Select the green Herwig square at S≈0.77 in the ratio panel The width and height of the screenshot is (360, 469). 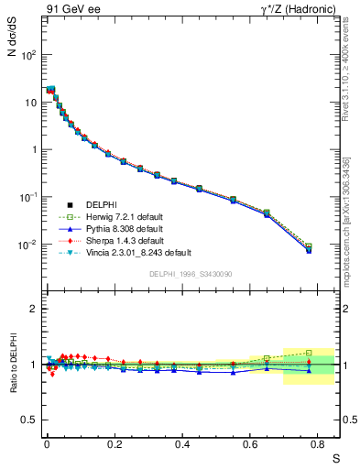[x=309, y=353]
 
